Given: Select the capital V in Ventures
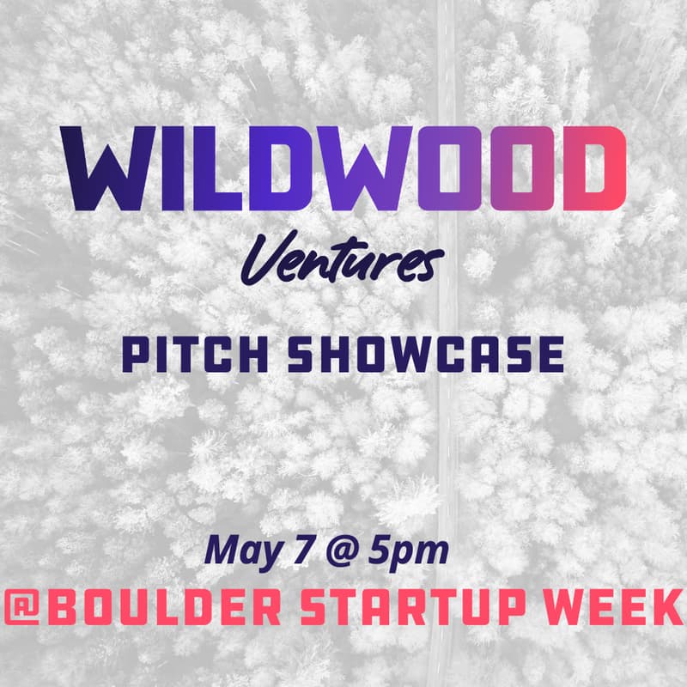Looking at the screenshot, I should [263, 258].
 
